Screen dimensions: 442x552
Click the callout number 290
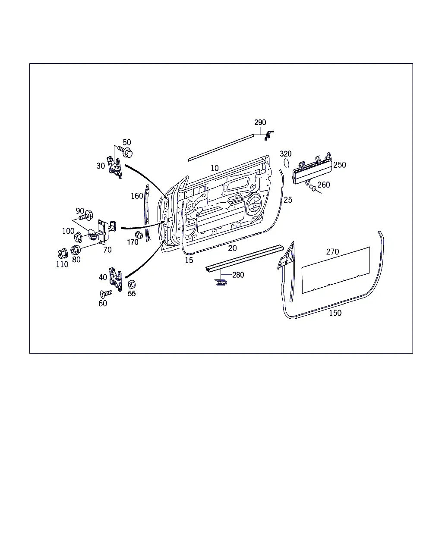click(x=260, y=122)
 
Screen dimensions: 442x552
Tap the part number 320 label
click(x=285, y=154)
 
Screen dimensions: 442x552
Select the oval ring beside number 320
click(x=286, y=163)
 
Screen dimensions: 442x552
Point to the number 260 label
click(x=323, y=185)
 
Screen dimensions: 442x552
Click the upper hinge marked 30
click(x=114, y=167)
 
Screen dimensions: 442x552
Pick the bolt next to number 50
click(x=125, y=151)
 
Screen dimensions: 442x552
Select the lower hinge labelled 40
click(x=116, y=279)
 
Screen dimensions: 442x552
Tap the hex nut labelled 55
click(x=132, y=284)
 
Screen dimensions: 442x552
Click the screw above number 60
click(x=106, y=293)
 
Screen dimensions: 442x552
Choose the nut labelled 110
click(x=63, y=254)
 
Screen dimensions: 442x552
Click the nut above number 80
click(x=75, y=250)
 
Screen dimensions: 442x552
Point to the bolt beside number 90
click(x=86, y=216)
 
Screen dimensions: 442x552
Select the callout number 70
click(x=107, y=250)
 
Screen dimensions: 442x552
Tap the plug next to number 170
click(x=139, y=235)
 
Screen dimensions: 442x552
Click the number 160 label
click(x=137, y=196)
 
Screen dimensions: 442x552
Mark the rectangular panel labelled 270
click(x=336, y=270)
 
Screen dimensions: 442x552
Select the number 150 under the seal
click(x=335, y=313)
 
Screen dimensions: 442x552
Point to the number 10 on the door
click(x=215, y=168)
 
